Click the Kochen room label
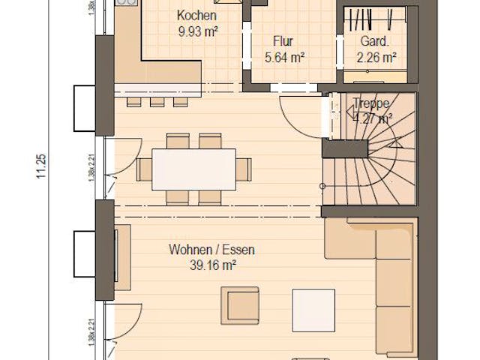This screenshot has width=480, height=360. tap(196, 15)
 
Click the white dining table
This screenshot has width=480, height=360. tap(193, 170)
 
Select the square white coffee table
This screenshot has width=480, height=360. tap(313, 310)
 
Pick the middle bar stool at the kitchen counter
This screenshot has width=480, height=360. tap(157, 101)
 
